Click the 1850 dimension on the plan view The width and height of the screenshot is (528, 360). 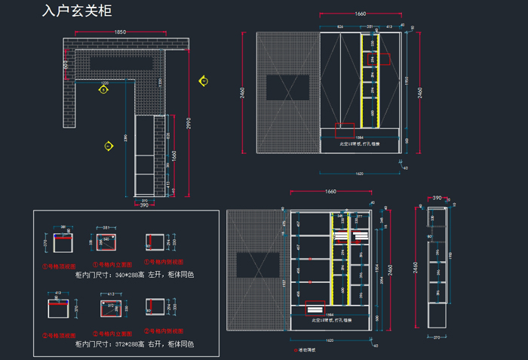(120, 32)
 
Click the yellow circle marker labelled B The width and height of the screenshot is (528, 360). (103, 89)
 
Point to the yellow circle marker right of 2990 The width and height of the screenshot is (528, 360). (204, 80)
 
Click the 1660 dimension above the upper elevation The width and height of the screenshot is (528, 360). (360, 14)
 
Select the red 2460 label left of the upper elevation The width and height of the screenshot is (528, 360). (243, 93)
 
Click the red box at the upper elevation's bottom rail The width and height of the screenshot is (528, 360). (345, 131)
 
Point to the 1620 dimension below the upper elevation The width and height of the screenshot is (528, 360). (359, 174)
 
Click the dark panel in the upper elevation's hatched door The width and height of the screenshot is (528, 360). (287, 88)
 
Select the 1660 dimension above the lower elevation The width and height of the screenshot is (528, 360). (330, 192)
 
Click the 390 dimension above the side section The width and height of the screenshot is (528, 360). (436, 198)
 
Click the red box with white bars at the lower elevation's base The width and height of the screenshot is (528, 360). (315, 307)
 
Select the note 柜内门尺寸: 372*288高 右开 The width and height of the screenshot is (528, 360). (135, 343)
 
